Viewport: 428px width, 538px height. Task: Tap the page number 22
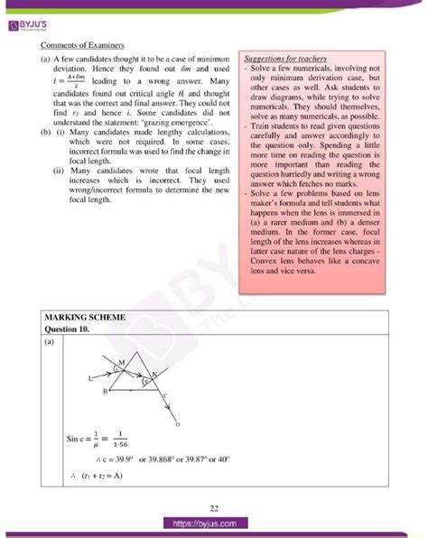coord(214,508)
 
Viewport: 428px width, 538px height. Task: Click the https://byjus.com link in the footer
coord(214,524)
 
